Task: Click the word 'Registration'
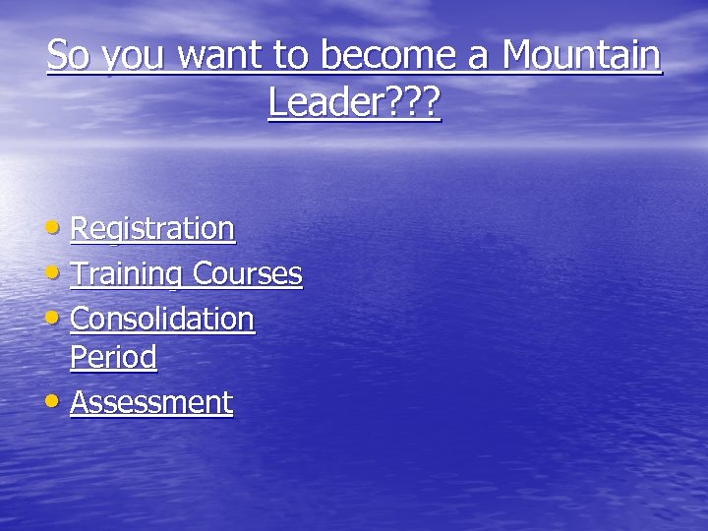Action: click(152, 230)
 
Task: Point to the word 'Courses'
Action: click(247, 273)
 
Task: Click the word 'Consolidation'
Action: click(162, 319)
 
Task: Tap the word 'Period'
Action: click(113, 358)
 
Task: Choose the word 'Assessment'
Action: click(151, 402)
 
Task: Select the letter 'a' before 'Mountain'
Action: click(478, 58)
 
